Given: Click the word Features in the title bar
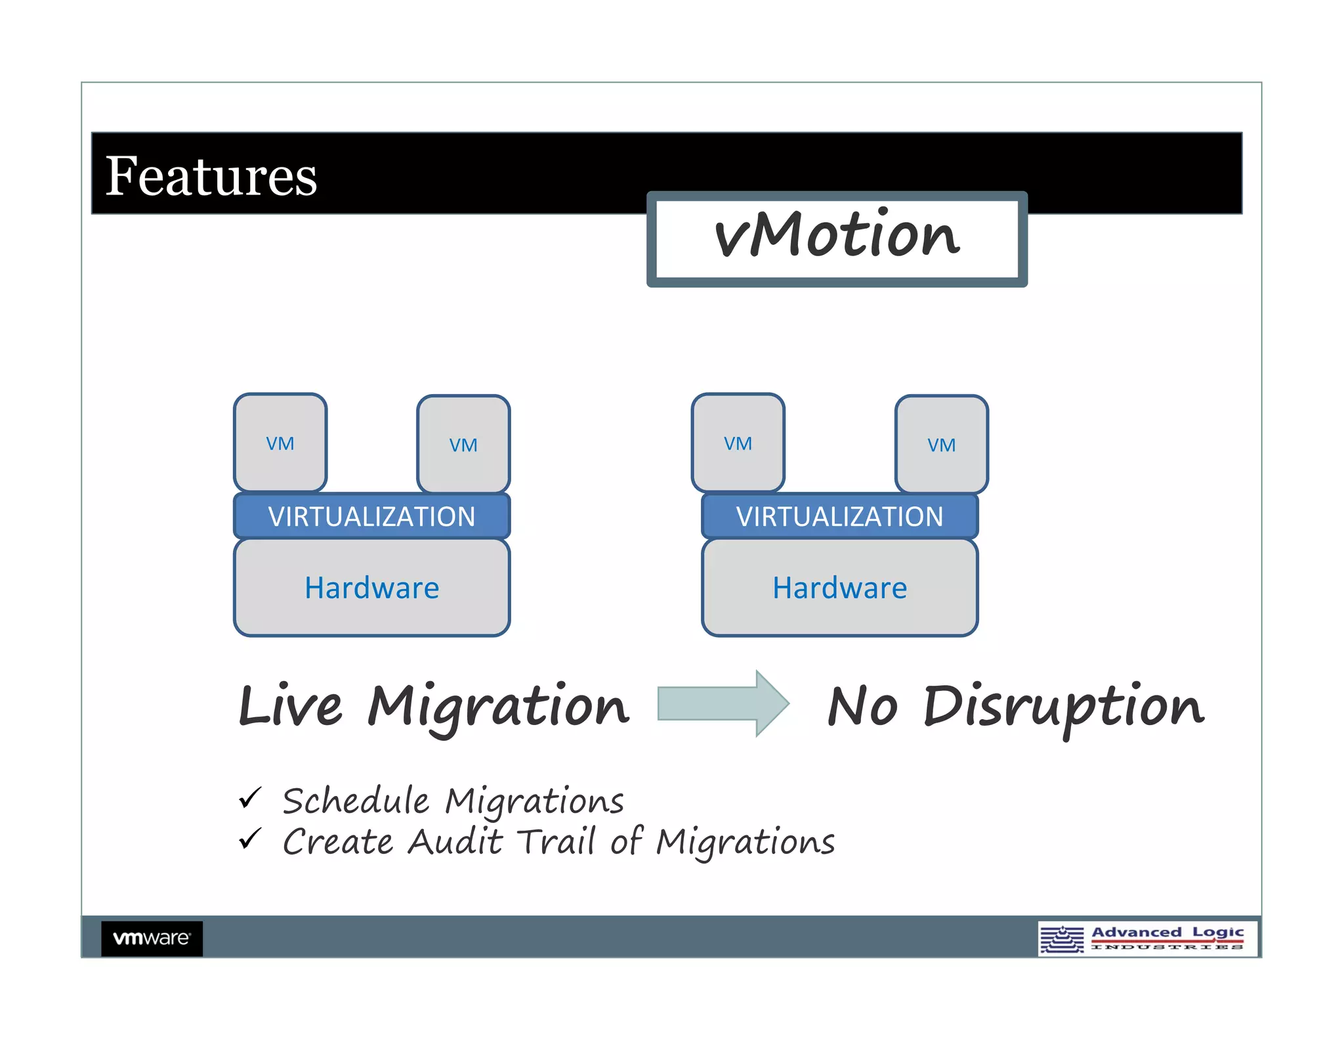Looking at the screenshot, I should (211, 176).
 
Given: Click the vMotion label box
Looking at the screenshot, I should (836, 238).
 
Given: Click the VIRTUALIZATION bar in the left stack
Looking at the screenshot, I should (371, 516).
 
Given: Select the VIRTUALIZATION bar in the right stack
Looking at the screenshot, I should (839, 516).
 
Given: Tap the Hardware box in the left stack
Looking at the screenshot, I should (371, 588).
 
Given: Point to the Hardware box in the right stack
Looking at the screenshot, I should (839, 588).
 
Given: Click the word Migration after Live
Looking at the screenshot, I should (497, 708).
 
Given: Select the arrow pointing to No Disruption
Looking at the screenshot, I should (722, 703).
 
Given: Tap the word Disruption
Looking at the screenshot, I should (1062, 708).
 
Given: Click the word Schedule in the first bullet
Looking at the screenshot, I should (356, 801).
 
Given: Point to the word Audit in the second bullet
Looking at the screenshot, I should (455, 841).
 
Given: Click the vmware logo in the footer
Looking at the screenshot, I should (152, 938).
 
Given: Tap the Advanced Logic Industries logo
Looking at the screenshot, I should (1147, 939).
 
